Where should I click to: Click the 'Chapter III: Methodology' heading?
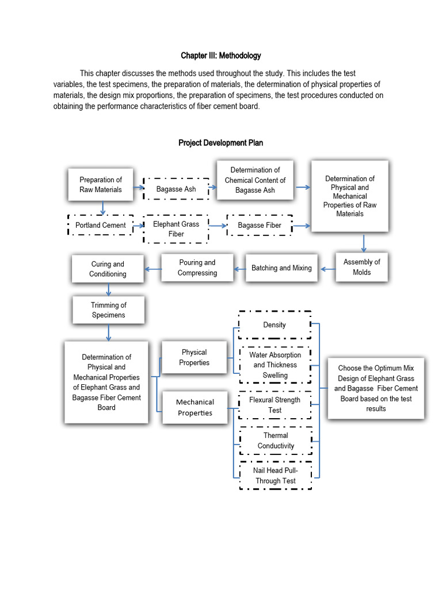pos(221,56)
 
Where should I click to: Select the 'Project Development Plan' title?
pos(221,143)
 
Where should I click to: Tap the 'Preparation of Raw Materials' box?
pos(101,185)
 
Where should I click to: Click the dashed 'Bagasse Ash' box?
pos(177,189)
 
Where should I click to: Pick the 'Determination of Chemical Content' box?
pos(255,180)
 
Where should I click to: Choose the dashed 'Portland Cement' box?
pos(101,225)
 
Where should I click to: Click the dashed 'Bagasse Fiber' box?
pos(260,225)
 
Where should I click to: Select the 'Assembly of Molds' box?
pos(361,267)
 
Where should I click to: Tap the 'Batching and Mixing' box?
pos(281,268)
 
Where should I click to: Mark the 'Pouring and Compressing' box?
pos(197,267)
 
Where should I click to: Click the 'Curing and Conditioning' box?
pos(108,269)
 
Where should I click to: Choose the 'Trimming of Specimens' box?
pos(108,310)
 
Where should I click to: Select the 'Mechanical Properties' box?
pos(195,407)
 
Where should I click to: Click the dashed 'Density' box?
pos(275,325)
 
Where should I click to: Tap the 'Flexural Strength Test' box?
pos(275,405)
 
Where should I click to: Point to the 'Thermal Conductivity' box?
pos(275,441)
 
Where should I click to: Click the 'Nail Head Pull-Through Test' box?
pos(275,476)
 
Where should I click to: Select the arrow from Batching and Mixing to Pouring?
pos(239,268)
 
